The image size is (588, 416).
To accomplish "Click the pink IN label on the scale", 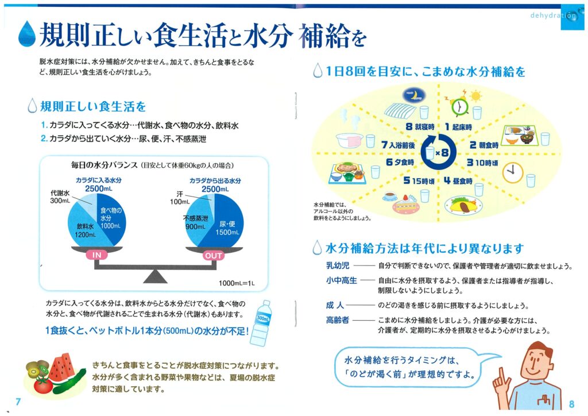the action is pyautogui.click(x=96, y=255).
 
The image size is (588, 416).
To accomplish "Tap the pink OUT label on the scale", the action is pyautogui.click(x=213, y=256).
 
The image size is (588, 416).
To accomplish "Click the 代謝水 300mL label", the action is pyautogui.click(x=60, y=197).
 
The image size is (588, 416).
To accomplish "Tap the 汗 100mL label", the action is pyautogui.click(x=180, y=198).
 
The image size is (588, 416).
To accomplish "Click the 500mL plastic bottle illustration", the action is pyautogui.click(x=261, y=323).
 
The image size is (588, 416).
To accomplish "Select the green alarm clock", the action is pyautogui.click(x=459, y=106).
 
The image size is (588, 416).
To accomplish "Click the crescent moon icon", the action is pyautogui.click(x=414, y=95).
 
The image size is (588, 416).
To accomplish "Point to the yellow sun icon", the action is pyautogui.click(x=475, y=97).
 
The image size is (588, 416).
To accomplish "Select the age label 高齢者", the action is pyautogui.click(x=338, y=320).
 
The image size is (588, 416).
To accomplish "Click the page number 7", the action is pyautogui.click(x=18, y=402).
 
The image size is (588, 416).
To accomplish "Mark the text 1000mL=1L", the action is pyautogui.click(x=237, y=283).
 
